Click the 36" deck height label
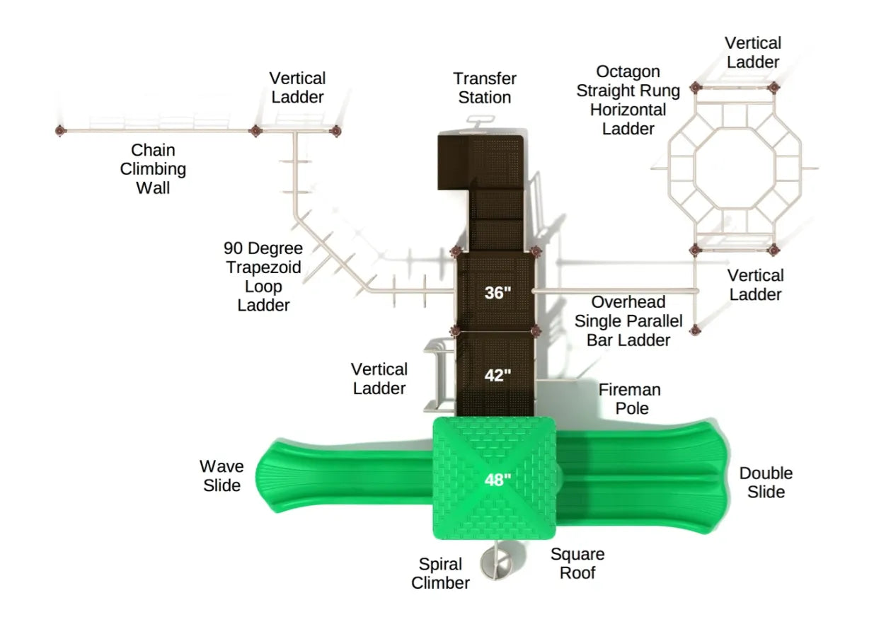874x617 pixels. click(498, 292)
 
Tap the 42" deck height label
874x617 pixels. click(498, 375)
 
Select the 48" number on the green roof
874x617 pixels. click(498, 480)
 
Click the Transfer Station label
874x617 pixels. click(485, 88)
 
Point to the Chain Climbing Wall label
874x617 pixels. click(153, 169)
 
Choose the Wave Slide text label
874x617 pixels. click(222, 475)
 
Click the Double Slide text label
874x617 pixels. click(766, 482)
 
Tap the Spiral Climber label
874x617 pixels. click(440, 574)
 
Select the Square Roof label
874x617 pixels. click(577, 563)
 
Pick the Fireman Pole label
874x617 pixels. click(629, 398)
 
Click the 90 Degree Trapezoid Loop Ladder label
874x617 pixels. click(263, 277)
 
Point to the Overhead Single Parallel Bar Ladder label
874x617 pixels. click(628, 321)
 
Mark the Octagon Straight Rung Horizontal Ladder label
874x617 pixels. click(628, 100)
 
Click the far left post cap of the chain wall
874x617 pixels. click(59, 130)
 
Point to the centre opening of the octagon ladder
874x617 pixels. click(734, 168)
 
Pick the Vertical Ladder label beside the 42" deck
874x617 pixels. click(379, 379)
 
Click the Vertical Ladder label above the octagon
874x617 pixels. click(752, 52)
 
